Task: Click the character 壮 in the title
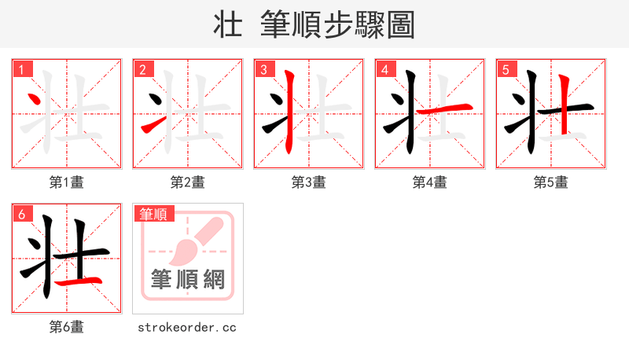[x=228, y=25]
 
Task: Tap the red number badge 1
[x=21, y=69]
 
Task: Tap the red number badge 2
[x=142, y=69]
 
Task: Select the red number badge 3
[x=263, y=69]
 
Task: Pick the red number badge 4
[x=384, y=69]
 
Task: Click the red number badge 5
[x=506, y=69]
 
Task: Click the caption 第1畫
[x=67, y=182]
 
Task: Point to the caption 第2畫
[x=188, y=182]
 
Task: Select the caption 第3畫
[x=309, y=182]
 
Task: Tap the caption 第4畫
[x=430, y=182]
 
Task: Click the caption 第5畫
[x=551, y=182]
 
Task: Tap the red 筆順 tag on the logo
[x=154, y=214]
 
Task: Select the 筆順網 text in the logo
[x=188, y=280]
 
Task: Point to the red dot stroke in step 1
[x=34, y=100]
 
